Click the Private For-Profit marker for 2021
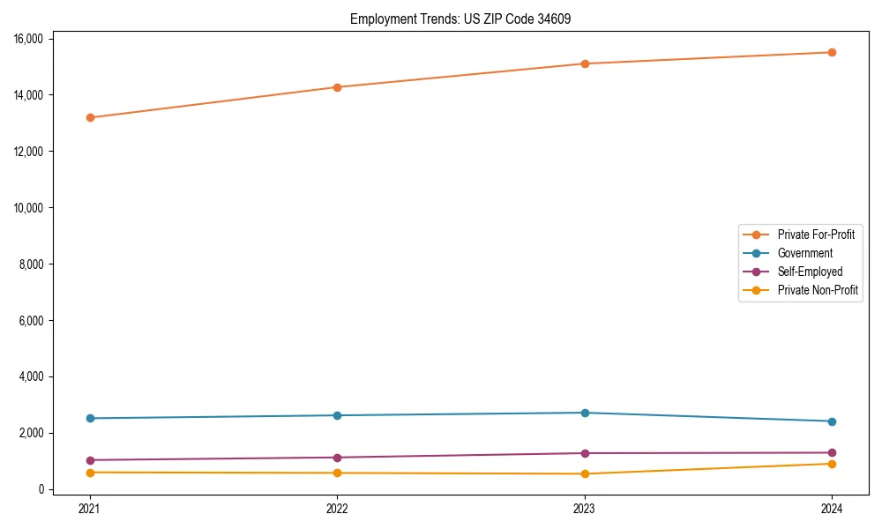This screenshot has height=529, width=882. coord(90,117)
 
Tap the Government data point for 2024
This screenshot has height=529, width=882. coord(832,421)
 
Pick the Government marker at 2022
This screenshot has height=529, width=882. coord(337,415)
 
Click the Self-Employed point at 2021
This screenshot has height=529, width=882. coord(90,460)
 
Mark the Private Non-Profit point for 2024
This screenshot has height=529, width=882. coord(832,464)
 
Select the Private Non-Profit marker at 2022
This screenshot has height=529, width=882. coord(337,473)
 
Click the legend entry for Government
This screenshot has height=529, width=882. coord(804,253)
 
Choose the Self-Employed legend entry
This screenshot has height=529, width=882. coord(810,272)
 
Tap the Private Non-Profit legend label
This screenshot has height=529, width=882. coord(818,290)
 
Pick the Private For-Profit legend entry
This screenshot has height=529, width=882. coord(816,235)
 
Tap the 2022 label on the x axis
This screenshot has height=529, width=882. coord(337,508)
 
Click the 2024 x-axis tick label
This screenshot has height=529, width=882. coord(832,508)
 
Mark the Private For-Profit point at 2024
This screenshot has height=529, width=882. coord(832,52)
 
